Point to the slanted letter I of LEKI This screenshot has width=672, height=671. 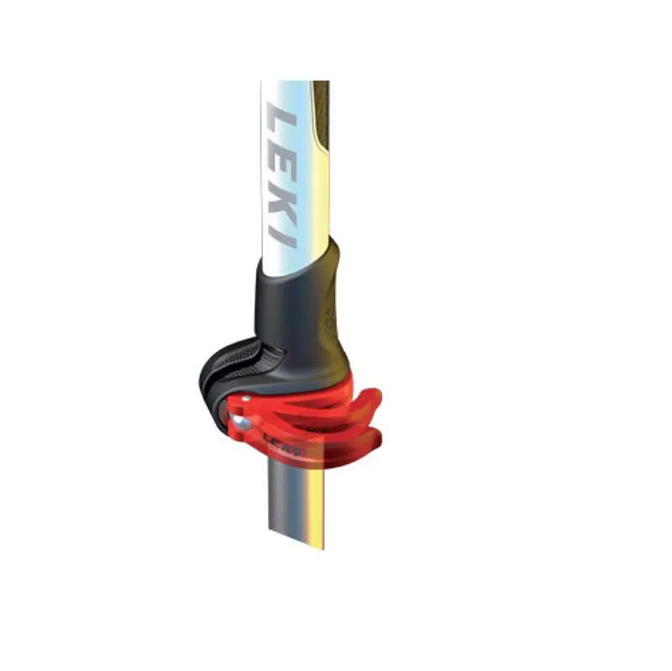pyautogui.click(x=286, y=235)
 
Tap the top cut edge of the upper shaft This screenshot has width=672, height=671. pyautogui.click(x=294, y=82)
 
